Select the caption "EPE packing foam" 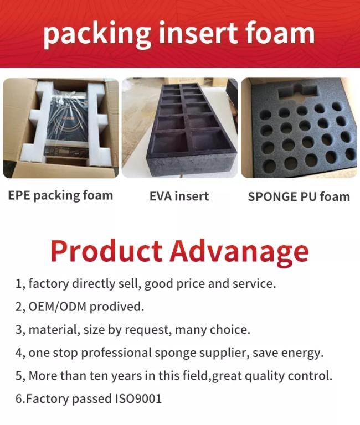[60, 196]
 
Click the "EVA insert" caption [179, 196]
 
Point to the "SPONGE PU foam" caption [299, 196]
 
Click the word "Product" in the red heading [107, 251]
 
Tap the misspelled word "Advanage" [240, 252]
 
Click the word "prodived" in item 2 [117, 307]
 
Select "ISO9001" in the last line [138, 398]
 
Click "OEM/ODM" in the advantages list [58, 307]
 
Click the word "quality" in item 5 [265, 376]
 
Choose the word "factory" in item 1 [49, 284]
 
